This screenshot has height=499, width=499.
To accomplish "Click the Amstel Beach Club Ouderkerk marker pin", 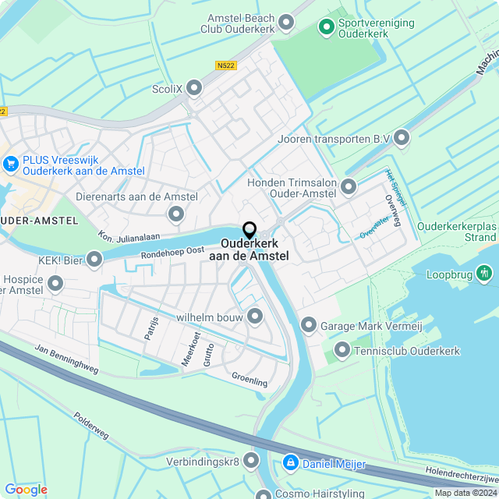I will coord(286,23).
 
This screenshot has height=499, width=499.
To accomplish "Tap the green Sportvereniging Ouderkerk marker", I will coord(327,28).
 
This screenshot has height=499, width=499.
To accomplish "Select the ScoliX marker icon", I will coord(194,89).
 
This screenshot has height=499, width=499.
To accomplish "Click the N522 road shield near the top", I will coord(226,66).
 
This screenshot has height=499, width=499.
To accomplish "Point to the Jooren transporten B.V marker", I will coord(402,139).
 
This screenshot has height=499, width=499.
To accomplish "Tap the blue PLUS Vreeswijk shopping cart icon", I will coord(11,164).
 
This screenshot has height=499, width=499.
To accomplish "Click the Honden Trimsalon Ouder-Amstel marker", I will coord(348,186).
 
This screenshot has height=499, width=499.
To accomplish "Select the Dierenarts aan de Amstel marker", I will coord(176,213).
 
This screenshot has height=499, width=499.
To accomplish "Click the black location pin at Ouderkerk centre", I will coord(249,230).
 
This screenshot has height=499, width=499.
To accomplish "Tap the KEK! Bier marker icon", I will coord(94,258).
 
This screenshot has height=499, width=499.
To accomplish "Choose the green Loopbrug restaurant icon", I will coord(485,273).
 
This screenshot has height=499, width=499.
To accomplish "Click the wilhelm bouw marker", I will coord(255,317).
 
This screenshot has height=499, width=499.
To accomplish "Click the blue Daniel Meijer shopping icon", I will coord(290,463).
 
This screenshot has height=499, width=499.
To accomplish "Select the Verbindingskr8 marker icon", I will coord(251,461).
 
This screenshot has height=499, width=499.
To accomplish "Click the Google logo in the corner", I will coord(26,489).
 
